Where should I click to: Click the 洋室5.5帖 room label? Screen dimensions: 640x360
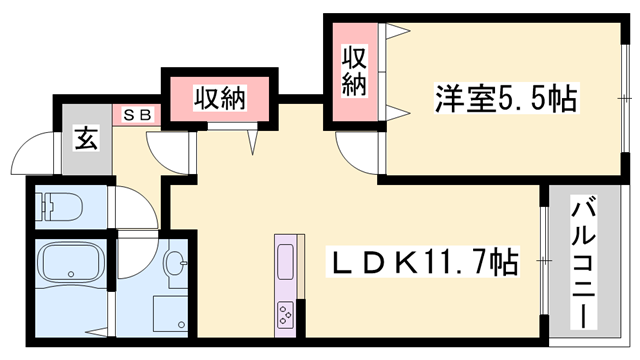click(507, 98)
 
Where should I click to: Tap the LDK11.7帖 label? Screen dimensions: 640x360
click(422, 262)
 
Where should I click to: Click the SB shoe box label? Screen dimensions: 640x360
click(138, 115)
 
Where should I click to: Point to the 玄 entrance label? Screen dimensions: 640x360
click(86, 138)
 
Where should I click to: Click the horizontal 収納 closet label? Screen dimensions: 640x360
click(220, 99)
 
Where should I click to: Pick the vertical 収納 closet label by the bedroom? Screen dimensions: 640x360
click(354, 71)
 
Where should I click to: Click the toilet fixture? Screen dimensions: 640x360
click(59, 207)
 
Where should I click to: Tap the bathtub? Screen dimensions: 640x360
click(71, 262)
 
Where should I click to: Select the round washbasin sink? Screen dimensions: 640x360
click(176, 262)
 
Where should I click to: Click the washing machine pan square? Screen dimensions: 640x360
click(170, 313)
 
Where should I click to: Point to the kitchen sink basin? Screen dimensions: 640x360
click(285, 262)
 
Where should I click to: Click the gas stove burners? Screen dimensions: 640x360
click(285, 313)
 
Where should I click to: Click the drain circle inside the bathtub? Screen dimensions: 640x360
click(71, 274)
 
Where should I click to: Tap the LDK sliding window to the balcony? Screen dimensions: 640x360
click(543, 261)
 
